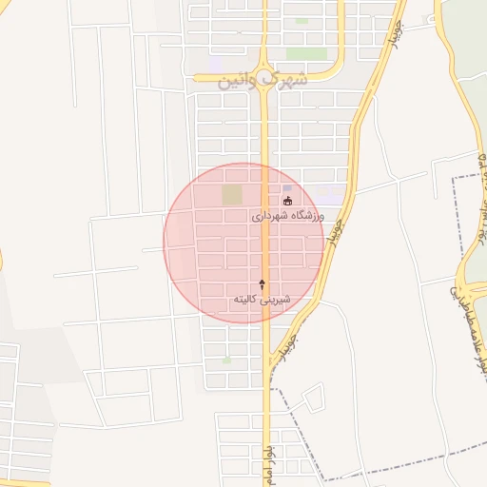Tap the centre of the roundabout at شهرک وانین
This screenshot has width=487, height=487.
click(x=264, y=71)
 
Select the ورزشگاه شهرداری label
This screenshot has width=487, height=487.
click(x=288, y=217)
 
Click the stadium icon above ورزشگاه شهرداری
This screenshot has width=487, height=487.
click(x=287, y=202)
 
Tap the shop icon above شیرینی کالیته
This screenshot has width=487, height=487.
click(x=263, y=284)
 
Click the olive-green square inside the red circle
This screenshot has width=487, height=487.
click(x=232, y=195)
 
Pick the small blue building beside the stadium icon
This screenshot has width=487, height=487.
click(x=287, y=189)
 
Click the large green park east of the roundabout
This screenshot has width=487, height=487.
click(x=306, y=53)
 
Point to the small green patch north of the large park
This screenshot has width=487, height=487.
click(x=302, y=21)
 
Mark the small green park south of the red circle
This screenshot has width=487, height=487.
click(x=225, y=360)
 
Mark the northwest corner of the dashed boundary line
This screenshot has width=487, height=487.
click(x=454, y=178)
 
